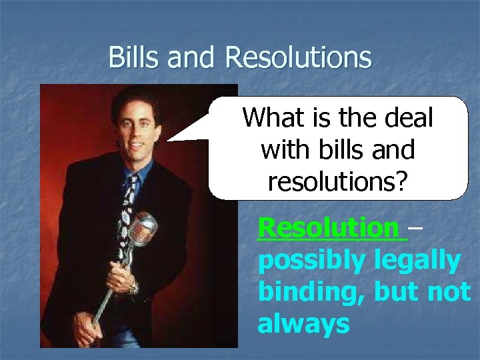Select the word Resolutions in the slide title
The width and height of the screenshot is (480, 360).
point(298,57)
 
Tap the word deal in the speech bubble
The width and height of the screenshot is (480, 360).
point(409,118)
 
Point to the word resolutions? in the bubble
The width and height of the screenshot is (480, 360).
point(337,181)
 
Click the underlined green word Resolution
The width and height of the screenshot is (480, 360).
point(328,228)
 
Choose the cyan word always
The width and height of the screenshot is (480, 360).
point(303,324)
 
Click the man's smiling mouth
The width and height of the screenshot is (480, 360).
point(137,146)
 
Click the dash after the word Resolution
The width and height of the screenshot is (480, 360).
point(415,229)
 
